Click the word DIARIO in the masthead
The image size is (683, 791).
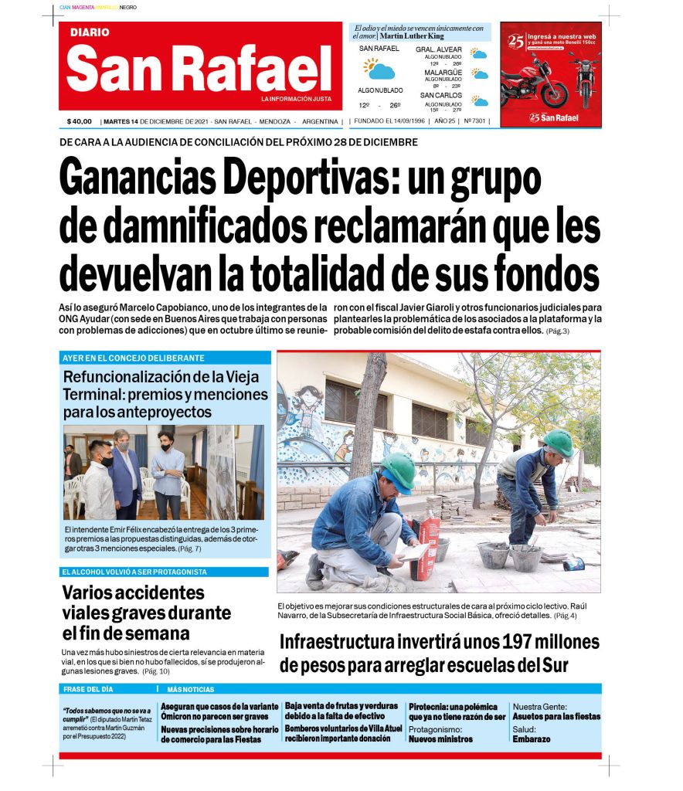click(90, 33)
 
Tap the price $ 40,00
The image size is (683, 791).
click(80, 121)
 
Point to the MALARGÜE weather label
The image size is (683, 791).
click(443, 72)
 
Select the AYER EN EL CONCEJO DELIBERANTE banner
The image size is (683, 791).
click(133, 358)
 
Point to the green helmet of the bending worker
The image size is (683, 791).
click(558, 442)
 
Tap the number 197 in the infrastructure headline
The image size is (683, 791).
click(477, 642)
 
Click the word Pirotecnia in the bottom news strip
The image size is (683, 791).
click(430, 706)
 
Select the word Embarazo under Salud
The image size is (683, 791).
click(532, 738)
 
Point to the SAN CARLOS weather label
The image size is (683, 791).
click(441, 95)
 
